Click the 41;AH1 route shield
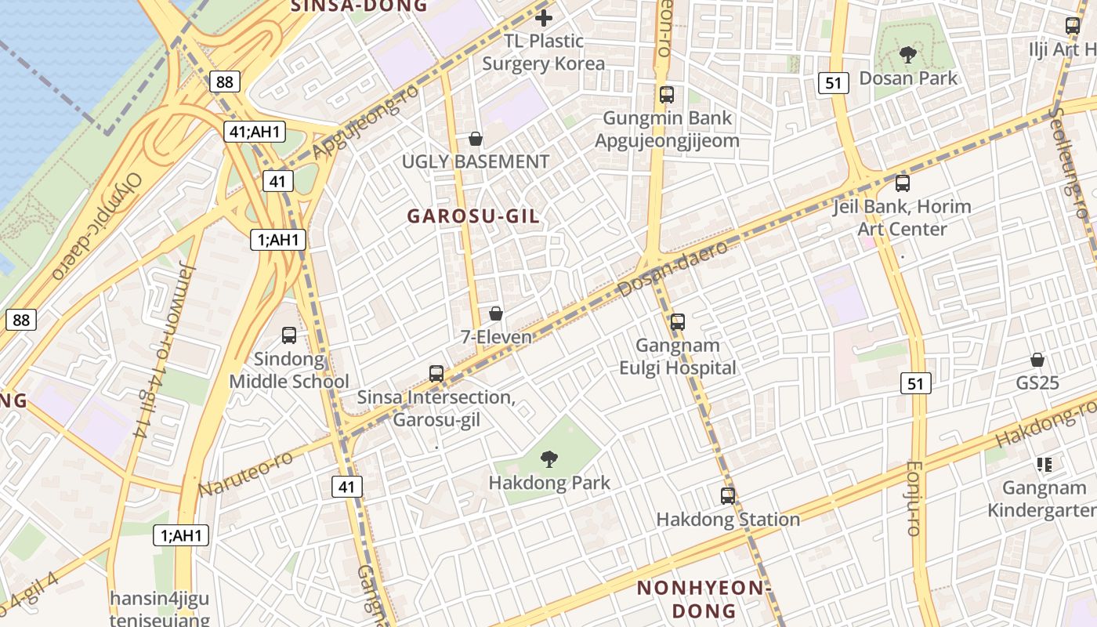255,132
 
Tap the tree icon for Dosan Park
908,55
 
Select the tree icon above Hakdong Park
549,459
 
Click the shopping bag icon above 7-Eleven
495,314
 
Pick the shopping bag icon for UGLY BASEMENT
475,140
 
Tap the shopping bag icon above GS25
1037,360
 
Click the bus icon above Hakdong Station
728,495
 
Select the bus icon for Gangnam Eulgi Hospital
678,321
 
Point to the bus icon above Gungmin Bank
666,95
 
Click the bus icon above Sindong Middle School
288,335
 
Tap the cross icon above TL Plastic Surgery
544,17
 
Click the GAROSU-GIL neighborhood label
474,216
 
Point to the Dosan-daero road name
672,269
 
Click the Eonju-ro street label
912,498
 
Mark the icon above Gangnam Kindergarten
1044,465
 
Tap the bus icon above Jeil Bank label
903,183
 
